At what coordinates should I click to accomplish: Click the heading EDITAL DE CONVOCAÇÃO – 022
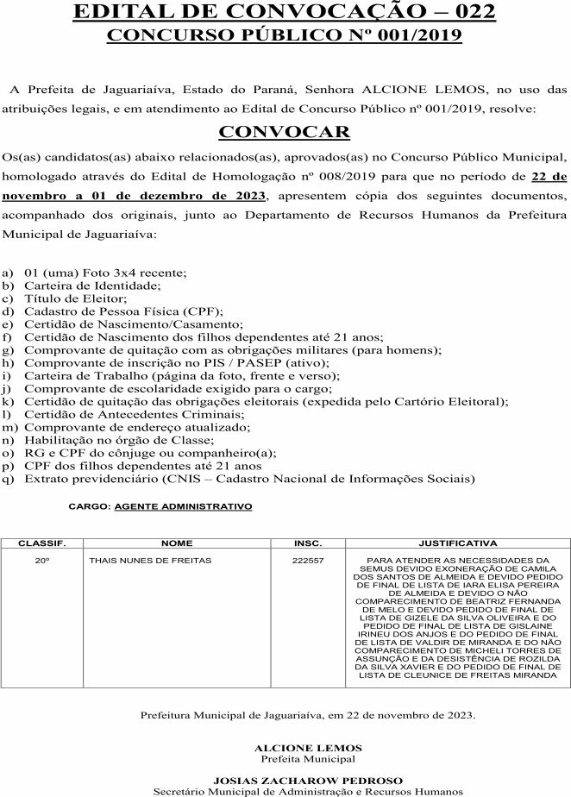(x=285, y=12)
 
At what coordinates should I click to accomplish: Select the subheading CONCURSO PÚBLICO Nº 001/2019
(x=285, y=35)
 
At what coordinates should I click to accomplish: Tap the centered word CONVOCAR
(x=284, y=132)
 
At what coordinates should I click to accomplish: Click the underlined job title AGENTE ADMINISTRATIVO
(x=183, y=507)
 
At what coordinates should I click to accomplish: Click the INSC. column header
(x=308, y=544)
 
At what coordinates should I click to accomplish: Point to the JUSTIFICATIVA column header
(x=457, y=544)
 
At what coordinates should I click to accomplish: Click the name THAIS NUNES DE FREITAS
(x=150, y=561)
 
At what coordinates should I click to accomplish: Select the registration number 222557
(x=308, y=561)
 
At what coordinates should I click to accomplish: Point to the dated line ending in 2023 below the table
(x=308, y=716)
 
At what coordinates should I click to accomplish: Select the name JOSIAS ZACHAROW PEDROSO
(x=308, y=780)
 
